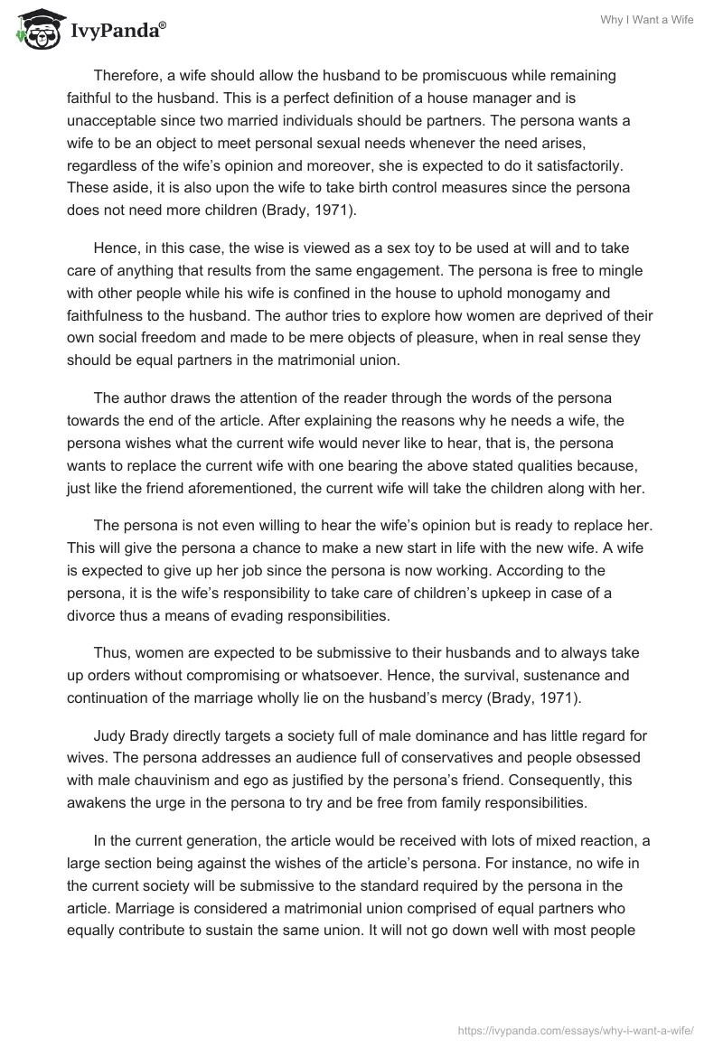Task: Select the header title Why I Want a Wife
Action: point(647,20)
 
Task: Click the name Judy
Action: point(110,736)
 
